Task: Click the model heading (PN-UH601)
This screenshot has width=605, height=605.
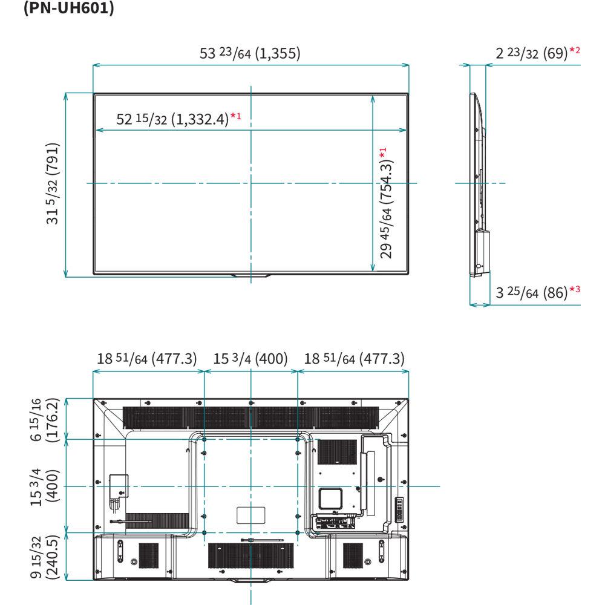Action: [x=69, y=8]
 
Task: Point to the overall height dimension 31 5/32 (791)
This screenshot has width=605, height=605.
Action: [x=53, y=184]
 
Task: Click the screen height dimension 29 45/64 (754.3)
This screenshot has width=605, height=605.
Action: [x=386, y=203]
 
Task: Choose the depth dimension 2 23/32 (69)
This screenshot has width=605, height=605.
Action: [x=531, y=53]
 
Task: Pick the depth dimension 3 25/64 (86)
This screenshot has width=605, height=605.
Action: [x=531, y=292]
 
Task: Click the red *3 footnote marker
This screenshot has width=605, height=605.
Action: [x=575, y=289]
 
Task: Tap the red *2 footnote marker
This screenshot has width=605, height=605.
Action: [x=575, y=50]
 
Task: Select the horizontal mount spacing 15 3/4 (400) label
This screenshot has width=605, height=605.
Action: [x=250, y=358]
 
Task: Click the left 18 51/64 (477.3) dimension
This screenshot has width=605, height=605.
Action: [x=146, y=358]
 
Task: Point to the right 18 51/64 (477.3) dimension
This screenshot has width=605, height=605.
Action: [x=354, y=358]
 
